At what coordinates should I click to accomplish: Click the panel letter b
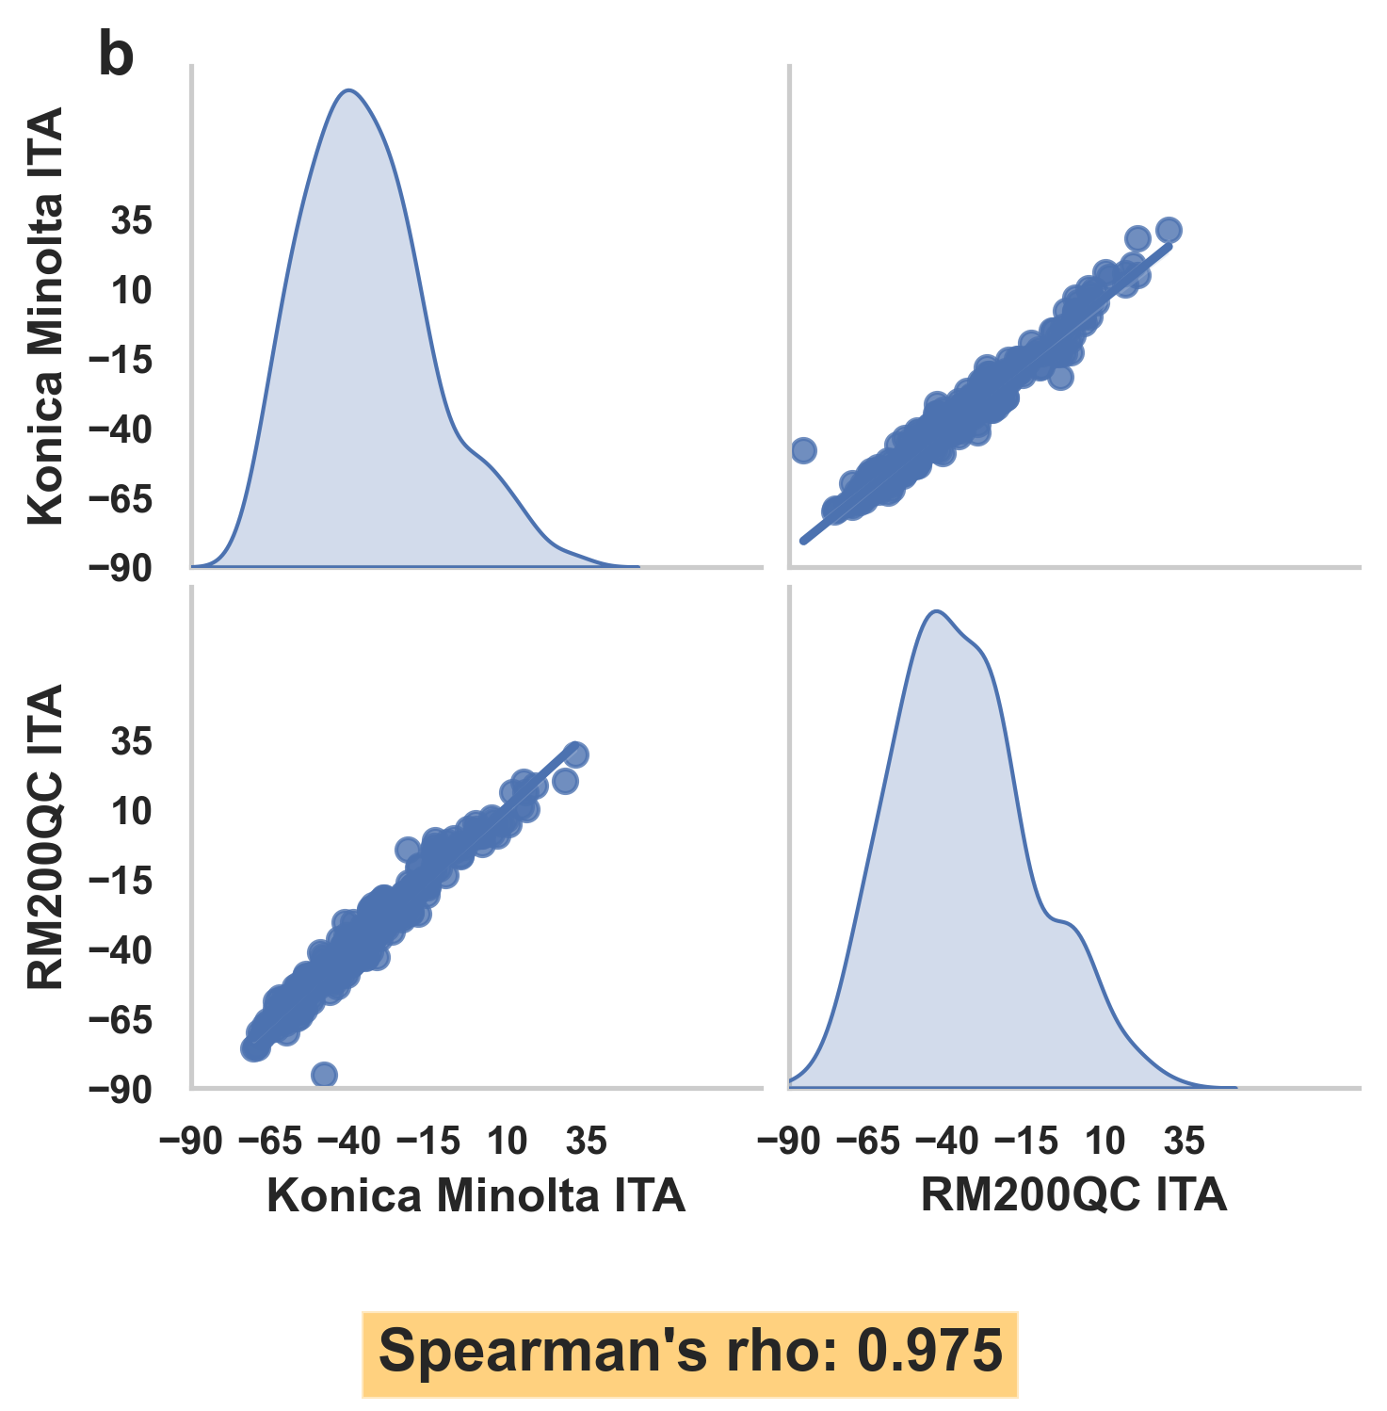click(116, 57)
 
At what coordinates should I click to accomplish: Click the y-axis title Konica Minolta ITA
click(45, 316)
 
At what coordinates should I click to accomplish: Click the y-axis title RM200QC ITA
click(45, 836)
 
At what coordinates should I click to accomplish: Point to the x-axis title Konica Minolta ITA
click(476, 1195)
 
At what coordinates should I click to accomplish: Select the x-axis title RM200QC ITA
click(1073, 1195)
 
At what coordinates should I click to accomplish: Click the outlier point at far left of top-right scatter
click(803, 450)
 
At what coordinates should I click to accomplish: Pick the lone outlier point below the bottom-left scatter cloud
click(324, 1075)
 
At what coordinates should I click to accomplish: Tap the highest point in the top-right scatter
click(1169, 230)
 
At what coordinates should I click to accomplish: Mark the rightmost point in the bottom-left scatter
click(576, 754)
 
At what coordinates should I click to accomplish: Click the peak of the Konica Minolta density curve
click(349, 91)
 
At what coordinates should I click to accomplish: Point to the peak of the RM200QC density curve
click(935, 612)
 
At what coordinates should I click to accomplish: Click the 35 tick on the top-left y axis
click(132, 222)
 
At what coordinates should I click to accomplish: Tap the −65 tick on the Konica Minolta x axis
click(270, 1142)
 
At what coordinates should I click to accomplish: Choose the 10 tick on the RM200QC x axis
click(1105, 1142)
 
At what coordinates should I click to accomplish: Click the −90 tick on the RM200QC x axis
click(789, 1142)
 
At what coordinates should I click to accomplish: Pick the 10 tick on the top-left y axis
click(132, 291)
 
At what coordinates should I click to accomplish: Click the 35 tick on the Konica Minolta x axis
click(586, 1142)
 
